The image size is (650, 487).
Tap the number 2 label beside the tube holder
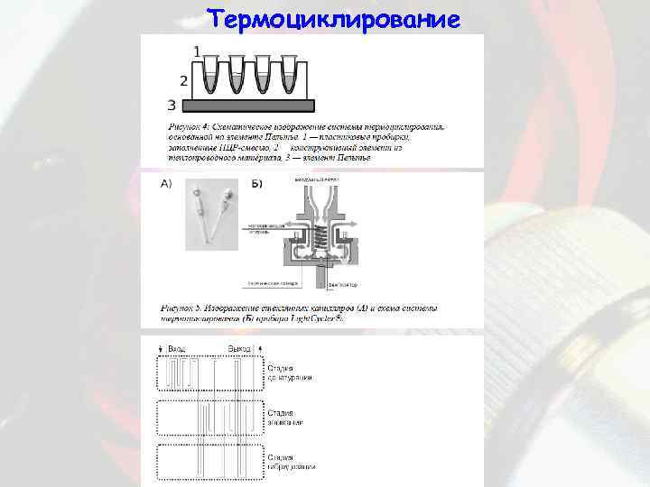point(184,80)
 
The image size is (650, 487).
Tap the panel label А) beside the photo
point(167,185)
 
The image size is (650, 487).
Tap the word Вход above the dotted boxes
point(178,349)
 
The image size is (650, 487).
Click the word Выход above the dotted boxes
point(239,349)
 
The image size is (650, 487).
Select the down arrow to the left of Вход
point(162,349)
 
